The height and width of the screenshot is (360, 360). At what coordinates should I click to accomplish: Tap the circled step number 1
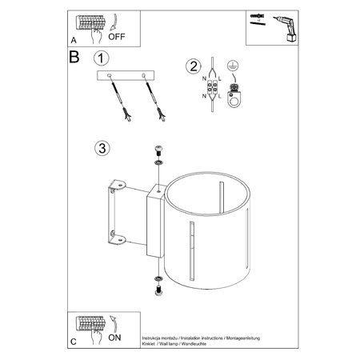pyautogui.click(x=100, y=58)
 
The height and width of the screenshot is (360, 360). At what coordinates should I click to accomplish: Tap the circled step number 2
pyautogui.click(x=192, y=66)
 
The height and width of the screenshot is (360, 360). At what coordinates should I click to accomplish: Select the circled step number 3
pyautogui.click(x=100, y=149)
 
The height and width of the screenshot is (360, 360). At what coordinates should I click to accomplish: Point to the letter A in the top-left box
pyautogui.click(x=74, y=38)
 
